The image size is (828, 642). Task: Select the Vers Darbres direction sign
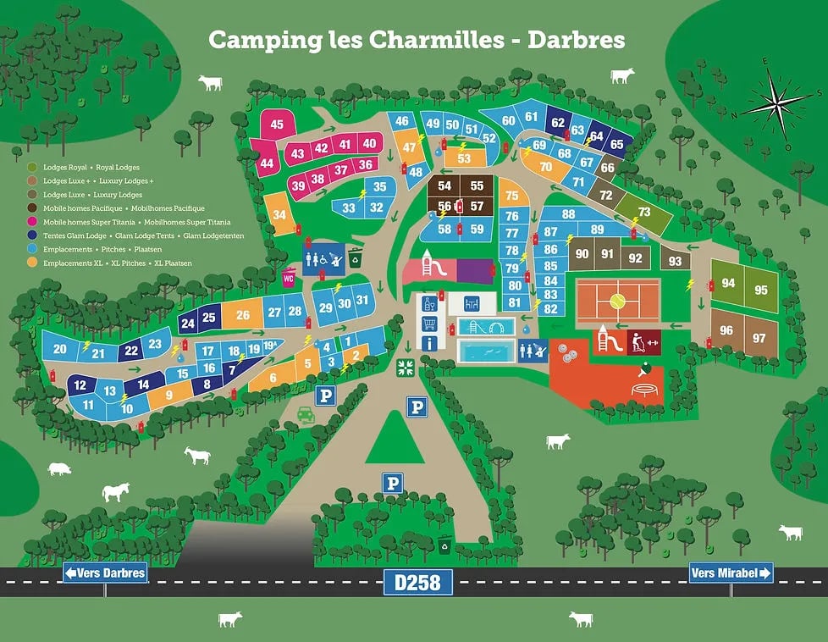click(x=105, y=573)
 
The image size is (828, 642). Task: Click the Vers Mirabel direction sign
click(x=731, y=573)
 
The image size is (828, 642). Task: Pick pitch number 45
click(x=276, y=125)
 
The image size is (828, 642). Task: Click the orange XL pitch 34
click(x=279, y=215)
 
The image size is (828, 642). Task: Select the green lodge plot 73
click(x=644, y=212)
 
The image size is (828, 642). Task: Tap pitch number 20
click(x=59, y=349)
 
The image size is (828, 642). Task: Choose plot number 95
click(x=760, y=291)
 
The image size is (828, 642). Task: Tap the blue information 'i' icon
click(x=430, y=343)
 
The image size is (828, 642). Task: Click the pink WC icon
click(x=290, y=276)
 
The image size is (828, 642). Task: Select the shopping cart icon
click(x=430, y=324)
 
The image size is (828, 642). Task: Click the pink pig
click(x=59, y=468)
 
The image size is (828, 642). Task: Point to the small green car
click(x=306, y=415)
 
